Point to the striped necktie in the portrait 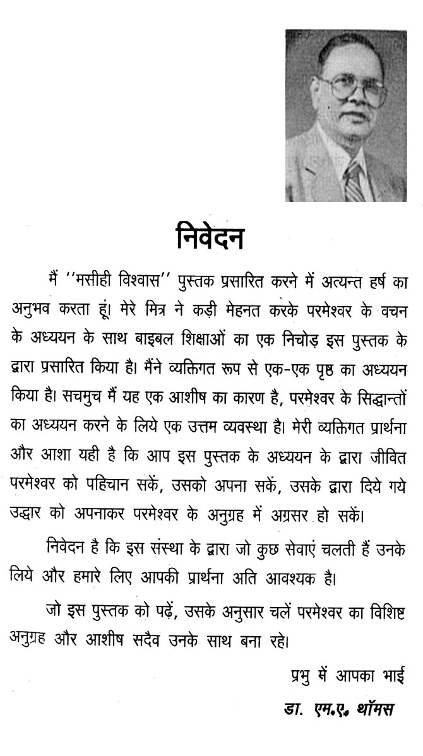tap(353, 180)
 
